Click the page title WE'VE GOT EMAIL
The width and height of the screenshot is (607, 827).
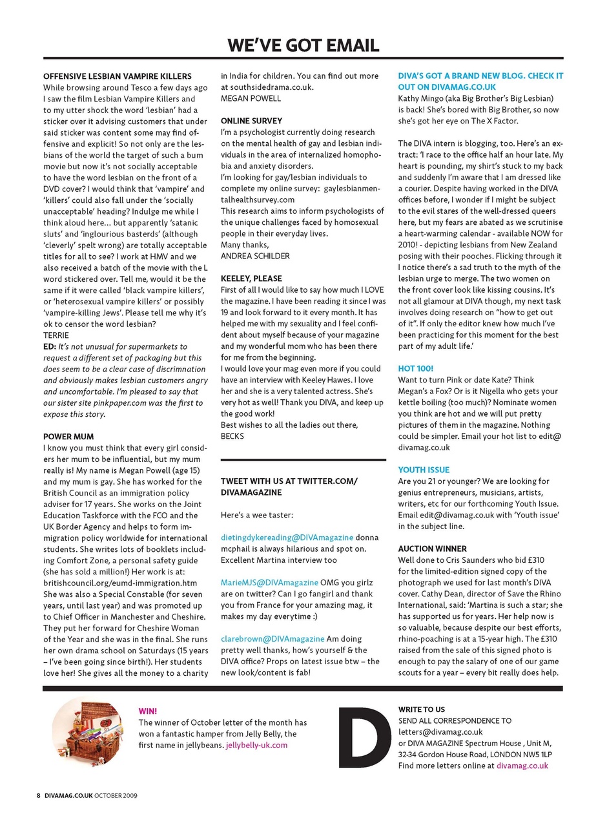303,45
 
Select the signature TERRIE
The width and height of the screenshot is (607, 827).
56,336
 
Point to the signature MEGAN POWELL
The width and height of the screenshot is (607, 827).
251,98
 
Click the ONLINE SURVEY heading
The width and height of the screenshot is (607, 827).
251,121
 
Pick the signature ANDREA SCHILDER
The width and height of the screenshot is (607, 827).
255,255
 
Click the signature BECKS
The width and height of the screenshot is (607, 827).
233,435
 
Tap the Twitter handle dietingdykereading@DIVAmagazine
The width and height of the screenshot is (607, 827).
287,537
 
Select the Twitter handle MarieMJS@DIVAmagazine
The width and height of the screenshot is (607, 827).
269,582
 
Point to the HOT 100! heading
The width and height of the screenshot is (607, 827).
416,368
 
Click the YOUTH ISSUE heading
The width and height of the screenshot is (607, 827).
424,470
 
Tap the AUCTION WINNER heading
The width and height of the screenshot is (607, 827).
432,549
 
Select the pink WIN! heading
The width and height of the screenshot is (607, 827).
149,710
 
